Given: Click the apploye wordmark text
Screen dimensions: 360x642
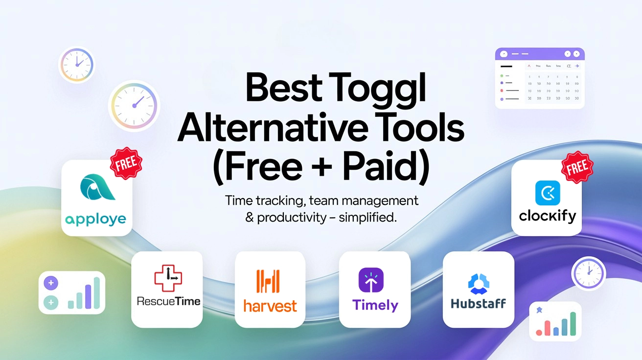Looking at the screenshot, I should coord(95,219).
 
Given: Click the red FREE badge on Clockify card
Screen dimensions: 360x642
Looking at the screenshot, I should coord(576,167).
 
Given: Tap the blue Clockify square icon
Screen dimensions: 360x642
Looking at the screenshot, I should coord(547,193).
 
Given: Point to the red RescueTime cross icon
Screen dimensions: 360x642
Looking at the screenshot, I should coord(168,276).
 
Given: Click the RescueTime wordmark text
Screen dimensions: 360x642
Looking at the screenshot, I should coord(168,301).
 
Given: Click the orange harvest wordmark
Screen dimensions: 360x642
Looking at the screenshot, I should coord(270,306).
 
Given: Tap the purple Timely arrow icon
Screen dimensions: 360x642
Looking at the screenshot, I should coord(371,280).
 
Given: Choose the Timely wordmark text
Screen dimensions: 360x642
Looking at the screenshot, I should coord(375,305).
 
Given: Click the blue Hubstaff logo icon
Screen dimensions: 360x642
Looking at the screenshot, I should coord(478,282).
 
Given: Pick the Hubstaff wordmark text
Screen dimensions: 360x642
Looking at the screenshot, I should coord(478,303).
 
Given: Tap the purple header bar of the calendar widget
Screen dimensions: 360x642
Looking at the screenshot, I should coord(540,54).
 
